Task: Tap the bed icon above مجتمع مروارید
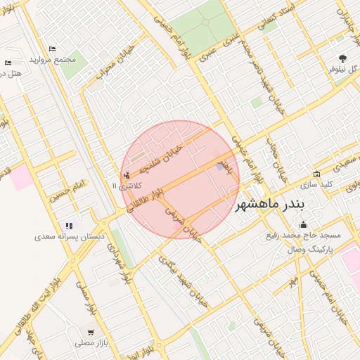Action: pos(52,49)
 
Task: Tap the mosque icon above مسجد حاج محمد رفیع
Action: pos(303,225)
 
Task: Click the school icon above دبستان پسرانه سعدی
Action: pos(69,226)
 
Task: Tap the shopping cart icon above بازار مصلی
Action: pos(91,332)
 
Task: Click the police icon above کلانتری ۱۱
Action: pos(126,174)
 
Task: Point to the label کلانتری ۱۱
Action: pos(126,186)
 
